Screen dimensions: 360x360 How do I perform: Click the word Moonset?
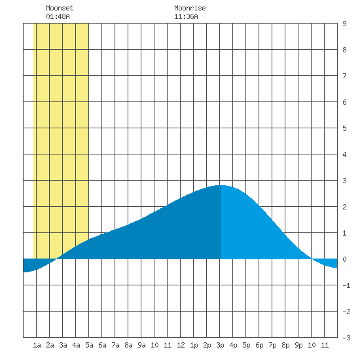60,8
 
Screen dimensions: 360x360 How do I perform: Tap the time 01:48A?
58,16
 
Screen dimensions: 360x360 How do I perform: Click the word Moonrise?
190,8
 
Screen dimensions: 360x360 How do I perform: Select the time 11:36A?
186,16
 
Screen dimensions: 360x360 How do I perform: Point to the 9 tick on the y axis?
344,24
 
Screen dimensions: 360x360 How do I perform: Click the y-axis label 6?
344,102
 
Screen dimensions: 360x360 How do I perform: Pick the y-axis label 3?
344,181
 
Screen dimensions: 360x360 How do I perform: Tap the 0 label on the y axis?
344,259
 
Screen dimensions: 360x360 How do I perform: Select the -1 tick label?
346,285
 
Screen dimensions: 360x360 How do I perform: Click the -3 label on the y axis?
346,338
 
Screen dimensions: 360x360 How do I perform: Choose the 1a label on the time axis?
37,345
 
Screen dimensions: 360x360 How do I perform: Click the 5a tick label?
89,345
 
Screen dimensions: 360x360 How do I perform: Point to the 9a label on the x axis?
141,345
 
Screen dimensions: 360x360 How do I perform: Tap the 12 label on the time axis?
181,345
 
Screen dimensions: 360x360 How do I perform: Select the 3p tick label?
220,345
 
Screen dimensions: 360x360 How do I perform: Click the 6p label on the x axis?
259,345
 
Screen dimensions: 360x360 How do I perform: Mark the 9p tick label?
298,345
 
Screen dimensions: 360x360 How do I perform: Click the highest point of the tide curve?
221,185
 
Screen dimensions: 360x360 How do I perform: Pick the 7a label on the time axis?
115,345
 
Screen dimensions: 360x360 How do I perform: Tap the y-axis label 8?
344,50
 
